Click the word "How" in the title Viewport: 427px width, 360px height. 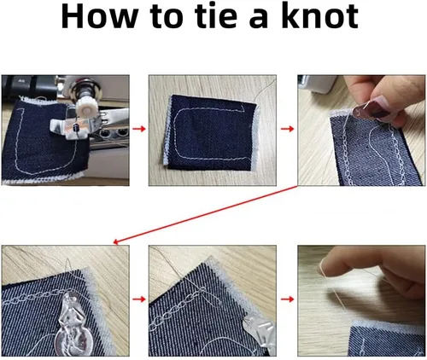point(100,16)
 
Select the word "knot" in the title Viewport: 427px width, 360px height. point(320,16)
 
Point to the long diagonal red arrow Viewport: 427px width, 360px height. point(205,215)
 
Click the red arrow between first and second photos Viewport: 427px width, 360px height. point(139,129)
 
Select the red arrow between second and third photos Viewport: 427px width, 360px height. point(287,129)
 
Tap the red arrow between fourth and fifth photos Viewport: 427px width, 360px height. point(139,299)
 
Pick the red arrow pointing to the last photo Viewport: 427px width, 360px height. point(287,299)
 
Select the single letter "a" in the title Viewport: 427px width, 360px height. point(259,20)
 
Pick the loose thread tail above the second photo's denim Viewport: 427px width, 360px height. point(266,90)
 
